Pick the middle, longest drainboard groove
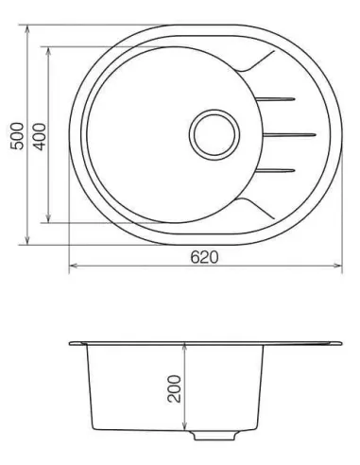pos(288,135)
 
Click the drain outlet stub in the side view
pos(204,437)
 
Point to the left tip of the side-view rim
pos(71,342)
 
